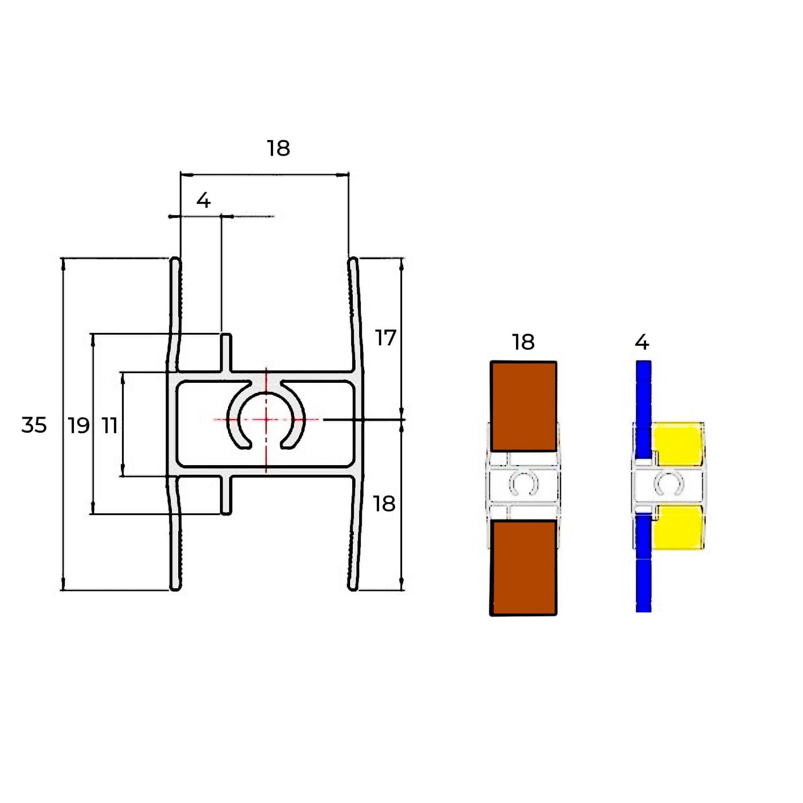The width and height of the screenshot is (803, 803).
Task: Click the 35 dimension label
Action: pyautogui.click(x=34, y=425)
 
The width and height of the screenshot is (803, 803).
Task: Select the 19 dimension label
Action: pyautogui.click(x=79, y=426)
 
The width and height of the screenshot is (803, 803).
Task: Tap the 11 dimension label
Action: pyautogui.click(x=110, y=426)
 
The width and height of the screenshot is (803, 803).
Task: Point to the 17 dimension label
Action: pyautogui.click(x=385, y=338)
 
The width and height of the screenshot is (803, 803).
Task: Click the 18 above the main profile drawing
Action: pyautogui.click(x=278, y=148)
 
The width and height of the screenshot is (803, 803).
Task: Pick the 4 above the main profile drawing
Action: pyautogui.click(x=203, y=200)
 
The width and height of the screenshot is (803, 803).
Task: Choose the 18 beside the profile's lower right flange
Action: pyautogui.click(x=384, y=504)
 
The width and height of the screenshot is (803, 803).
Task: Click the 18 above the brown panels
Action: pyautogui.click(x=523, y=342)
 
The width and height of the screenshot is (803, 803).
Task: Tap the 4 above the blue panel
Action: pyautogui.click(x=642, y=342)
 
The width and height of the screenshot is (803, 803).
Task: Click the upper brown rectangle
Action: pyautogui.click(x=524, y=406)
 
